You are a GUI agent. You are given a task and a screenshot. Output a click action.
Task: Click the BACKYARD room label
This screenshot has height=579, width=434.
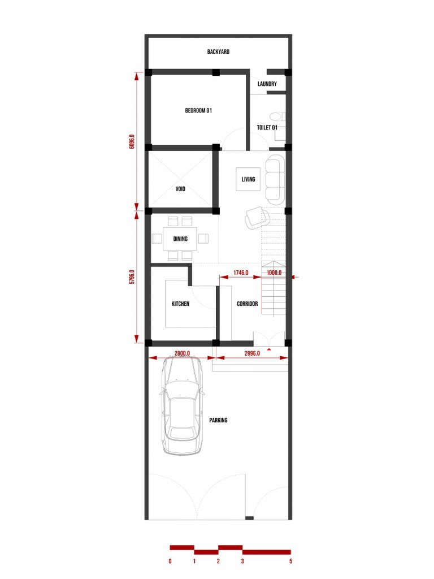coord(218,51)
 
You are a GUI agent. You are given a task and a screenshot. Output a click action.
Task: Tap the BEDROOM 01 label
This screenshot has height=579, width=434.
coord(198,110)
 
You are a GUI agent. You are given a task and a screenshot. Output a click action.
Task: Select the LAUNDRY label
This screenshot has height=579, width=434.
coord(267,84)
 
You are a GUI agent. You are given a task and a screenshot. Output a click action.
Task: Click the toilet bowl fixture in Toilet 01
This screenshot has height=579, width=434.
coord(277,116)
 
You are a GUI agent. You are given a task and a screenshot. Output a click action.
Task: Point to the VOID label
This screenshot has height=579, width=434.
coord(180,189)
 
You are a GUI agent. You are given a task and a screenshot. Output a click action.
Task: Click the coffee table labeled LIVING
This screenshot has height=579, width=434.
coord(248,179)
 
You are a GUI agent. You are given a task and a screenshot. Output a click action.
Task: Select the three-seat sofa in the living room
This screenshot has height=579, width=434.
coord(275,179)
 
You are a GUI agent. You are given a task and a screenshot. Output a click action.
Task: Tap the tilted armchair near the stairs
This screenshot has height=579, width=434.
coord(257,218)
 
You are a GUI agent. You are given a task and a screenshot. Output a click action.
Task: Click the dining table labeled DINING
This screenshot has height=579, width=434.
coord(180,239)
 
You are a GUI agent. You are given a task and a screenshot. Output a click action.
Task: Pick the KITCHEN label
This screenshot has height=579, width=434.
coord(180,304)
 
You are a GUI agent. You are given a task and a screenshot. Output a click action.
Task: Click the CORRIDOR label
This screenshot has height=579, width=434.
coord(248,304)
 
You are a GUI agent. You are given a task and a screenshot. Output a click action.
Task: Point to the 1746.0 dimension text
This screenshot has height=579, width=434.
coord(241,273)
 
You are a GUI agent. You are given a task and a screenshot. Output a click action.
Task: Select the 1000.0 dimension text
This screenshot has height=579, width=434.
coord(274,273)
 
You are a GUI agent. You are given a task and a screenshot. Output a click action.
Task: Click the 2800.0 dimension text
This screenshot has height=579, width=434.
coord(182,353)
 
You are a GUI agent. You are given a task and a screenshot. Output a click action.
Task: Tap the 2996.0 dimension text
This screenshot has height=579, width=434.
coord(252,353)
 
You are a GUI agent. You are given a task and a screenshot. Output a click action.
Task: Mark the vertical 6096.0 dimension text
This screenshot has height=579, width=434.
coord(132,141)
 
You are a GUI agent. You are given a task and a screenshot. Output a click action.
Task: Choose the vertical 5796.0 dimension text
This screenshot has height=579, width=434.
coord(132,276)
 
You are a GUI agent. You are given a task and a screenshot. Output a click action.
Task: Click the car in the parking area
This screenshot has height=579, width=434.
coord(182,405)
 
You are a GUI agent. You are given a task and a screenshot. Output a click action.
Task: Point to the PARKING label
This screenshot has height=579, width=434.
coord(218,420)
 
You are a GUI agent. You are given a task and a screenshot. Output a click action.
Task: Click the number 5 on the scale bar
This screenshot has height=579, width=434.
coord(291,561)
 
